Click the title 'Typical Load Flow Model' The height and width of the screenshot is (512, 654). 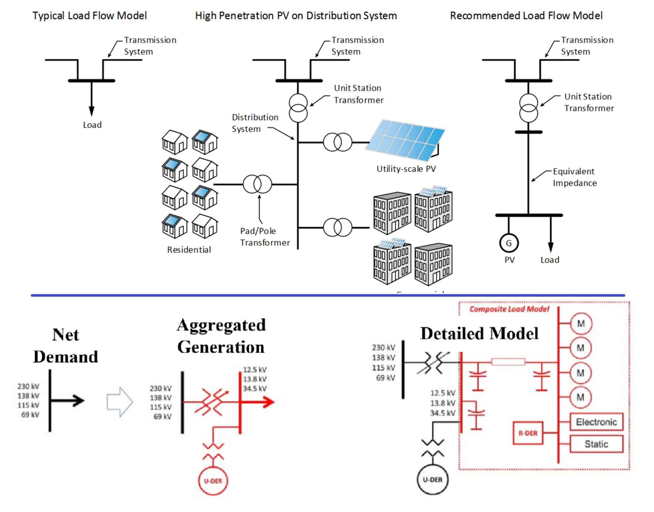pos(89,16)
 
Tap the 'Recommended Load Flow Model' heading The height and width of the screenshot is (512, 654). pos(526,16)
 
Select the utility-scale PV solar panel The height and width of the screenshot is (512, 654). pos(405,140)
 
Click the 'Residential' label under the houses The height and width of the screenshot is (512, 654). pos(189,250)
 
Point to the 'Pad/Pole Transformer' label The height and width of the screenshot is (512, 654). pos(265,237)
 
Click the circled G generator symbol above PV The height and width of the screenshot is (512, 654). pos(509,243)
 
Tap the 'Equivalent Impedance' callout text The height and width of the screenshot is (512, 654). pos(575,177)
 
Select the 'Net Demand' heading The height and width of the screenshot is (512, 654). pos(65,346)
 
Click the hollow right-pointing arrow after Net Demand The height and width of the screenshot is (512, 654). pos(119,402)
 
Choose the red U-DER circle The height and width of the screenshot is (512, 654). pos(213,481)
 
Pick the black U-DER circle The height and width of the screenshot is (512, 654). pos(433,480)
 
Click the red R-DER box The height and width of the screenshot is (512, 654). pos(528,433)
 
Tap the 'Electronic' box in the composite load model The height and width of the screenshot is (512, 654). pos(596,422)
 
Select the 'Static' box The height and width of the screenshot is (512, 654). pos(596,444)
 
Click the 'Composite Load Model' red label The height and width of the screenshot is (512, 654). pos(509,309)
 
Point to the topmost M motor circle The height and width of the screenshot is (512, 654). pos(581,324)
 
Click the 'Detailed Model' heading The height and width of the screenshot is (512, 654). pos(479,333)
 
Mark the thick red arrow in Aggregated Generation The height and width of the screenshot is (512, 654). pos(259,402)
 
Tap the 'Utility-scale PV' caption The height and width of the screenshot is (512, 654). pos(406,169)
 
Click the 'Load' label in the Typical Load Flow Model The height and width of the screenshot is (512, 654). pos(92,125)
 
